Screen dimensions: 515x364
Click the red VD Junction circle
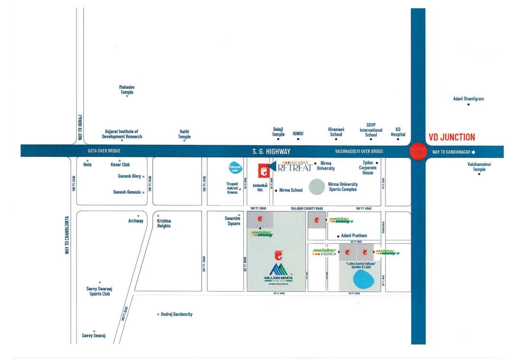point(418,152)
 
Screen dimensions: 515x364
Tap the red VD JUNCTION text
point(451,137)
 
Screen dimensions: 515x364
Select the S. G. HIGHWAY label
point(271,152)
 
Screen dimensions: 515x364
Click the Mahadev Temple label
point(127,90)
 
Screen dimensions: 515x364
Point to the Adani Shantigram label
point(469,99)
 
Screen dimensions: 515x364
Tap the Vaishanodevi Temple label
point(479,166)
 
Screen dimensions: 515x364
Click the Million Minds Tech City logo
point(278,273)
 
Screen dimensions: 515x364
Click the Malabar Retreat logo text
point(294,166)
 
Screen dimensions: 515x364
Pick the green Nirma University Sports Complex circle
point(317,186)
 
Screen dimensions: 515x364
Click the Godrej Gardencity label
point(176,314)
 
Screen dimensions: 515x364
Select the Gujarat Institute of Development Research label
point(122,134)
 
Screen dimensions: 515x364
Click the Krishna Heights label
point(164,223)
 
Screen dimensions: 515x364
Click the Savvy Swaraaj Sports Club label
point(99,291)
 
